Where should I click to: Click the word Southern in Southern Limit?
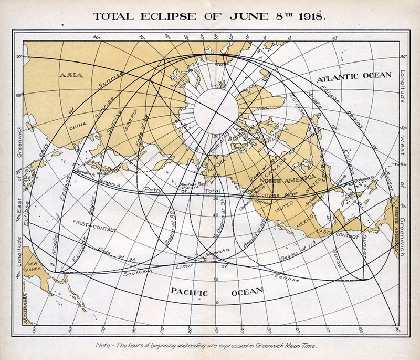click(137, 273)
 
